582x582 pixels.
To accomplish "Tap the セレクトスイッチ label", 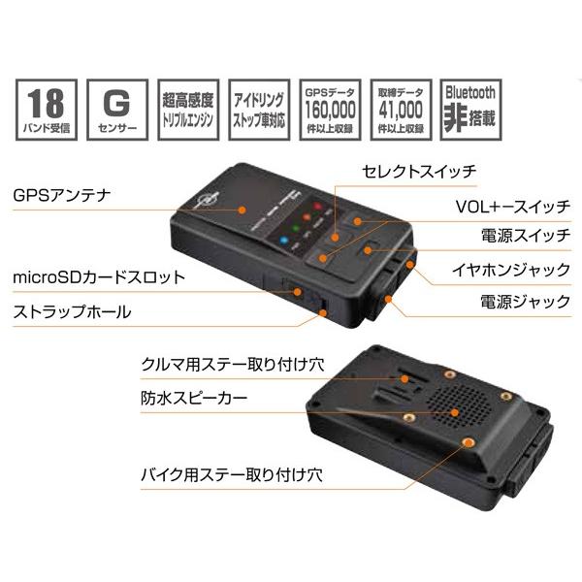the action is pyautogui.click(x=418, y=173).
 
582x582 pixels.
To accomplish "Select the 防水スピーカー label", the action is pyautogui.click(x=193, y=397).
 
